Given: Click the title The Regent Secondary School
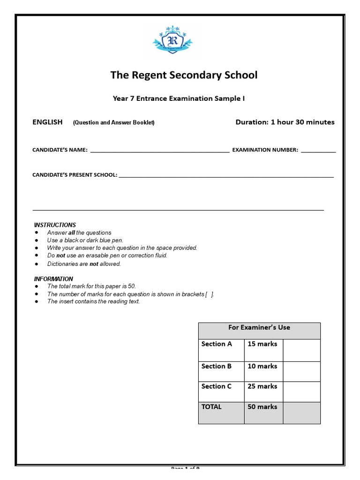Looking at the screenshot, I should [x=184, y=75].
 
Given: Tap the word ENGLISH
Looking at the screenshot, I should [x=47, y=122].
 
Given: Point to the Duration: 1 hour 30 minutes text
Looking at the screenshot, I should [x=285, y=122].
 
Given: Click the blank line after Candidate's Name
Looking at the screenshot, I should [x=159, y=150].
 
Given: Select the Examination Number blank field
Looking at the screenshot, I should [x=318, y=150].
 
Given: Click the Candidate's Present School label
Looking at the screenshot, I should [x=74, y=175].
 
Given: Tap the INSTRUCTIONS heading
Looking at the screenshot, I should [x=55, y=225].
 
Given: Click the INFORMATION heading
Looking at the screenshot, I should [x=53, y=279].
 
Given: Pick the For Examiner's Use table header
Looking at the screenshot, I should [x=259, y=328].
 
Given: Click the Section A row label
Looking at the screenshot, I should [x=217, y=344].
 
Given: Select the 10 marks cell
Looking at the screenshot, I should [x=262, y=367].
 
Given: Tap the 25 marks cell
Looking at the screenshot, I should [x=262, y=387].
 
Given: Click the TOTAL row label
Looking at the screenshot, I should [x=211, y=407].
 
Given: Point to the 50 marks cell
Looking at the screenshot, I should [x=262, y=407].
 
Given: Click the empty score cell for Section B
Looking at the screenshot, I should [x=301, y=371].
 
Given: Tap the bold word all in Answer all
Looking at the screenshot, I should [x=72, y=233].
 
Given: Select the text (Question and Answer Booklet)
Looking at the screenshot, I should [x=113, y=123].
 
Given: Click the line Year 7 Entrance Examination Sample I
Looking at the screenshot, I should [x=179, y=98].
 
